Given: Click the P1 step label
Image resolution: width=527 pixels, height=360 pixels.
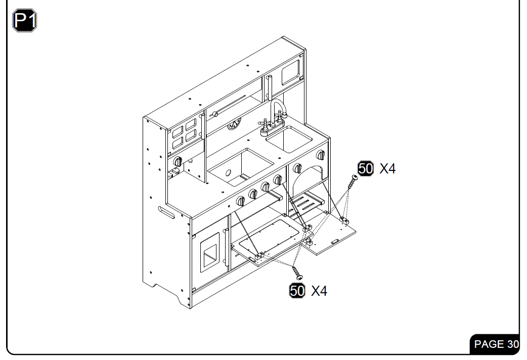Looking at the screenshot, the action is [25, 20].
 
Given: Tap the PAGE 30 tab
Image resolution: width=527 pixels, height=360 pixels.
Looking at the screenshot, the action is [496, 344].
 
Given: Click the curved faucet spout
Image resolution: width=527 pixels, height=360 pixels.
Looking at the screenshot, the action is [278, 107].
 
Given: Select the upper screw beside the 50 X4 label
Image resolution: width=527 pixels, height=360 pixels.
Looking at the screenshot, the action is [352, 182].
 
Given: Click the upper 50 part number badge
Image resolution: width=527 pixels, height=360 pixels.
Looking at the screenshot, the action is [365, 168].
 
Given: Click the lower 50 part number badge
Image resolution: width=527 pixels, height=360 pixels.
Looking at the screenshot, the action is [297, 291].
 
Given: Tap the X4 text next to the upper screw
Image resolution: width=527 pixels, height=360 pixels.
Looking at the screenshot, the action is [387, 168].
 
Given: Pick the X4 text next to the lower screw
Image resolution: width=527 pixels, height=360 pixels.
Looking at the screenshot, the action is [319, 291].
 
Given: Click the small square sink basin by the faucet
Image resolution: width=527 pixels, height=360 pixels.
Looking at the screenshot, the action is [289, 139].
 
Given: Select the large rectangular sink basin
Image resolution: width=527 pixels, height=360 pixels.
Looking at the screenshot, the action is [241, 167].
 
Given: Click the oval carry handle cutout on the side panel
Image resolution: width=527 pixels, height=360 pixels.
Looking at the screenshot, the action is [166, 212].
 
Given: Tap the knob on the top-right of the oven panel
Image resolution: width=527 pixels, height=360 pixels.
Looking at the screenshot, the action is [321, 155].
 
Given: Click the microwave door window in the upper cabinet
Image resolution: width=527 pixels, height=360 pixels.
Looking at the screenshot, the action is [290, 72].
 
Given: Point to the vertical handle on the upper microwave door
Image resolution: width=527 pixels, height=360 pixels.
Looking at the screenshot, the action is [269, 88].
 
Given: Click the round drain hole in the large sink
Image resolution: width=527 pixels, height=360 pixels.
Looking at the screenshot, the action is [228, 173].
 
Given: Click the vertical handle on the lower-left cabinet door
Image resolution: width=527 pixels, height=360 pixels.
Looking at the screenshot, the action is [226, 247].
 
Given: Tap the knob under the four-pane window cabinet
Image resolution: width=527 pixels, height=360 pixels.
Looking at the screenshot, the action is [178, 161].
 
